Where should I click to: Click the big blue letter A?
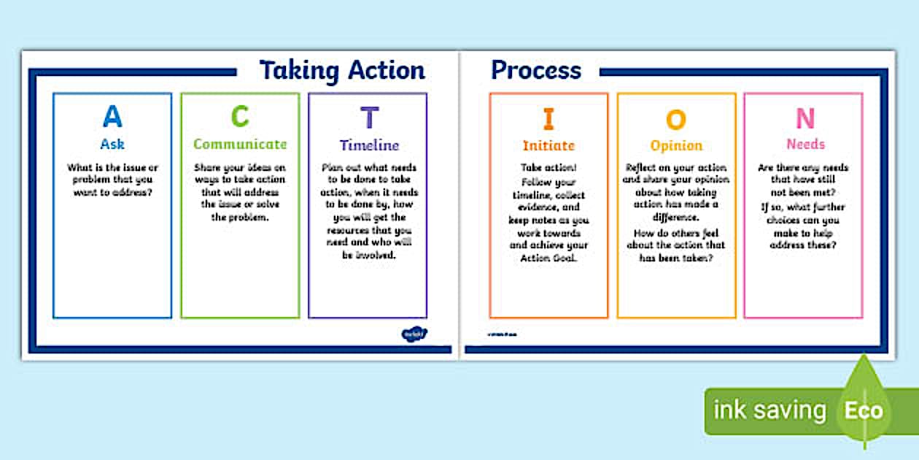[x=112, y=117]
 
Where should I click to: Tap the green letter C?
[x=240, y=117]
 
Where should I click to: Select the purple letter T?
[x=370, y=118]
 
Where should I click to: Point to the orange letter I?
[x=548, y=119]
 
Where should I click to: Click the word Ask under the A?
[x=112, y=144]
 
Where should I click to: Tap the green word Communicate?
[x=240, y=145]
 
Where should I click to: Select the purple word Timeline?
[x=369, y=145]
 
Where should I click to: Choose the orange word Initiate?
[x=548, y=146]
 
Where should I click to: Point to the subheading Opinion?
[x=676, y=146]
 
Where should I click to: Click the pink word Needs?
[x=805, y=145]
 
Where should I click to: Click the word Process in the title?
[x=536, y=70]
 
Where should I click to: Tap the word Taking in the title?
[x=300, y=71]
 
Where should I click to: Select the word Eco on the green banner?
[x=864, y=410]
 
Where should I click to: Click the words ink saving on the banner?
[x=769, y=410]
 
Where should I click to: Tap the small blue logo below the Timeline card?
[x=414, y=334]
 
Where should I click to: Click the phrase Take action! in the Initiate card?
[x=548, y=167]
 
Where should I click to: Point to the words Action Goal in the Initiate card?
[x=548, y=258]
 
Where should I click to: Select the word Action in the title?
[x=387, y=70]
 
